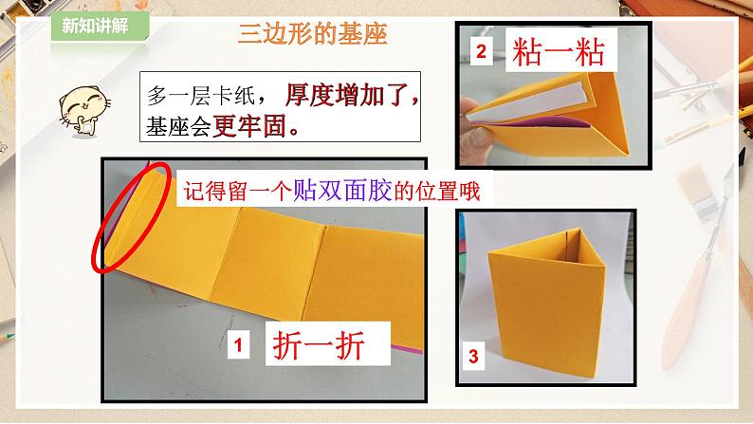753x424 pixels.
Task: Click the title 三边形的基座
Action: (313, 34)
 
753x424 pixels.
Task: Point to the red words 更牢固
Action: (249, 126)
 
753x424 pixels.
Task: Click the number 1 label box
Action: (238, 344)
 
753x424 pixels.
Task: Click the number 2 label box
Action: (481, 50)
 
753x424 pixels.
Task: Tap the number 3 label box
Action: (473, 356)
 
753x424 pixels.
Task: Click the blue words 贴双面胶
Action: (342, 191)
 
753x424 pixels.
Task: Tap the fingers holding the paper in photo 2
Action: (474, 130)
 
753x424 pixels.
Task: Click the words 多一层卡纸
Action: (201, 96)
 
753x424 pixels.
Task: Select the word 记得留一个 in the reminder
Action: (238, 191)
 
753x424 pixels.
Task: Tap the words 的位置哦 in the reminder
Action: (436, 191)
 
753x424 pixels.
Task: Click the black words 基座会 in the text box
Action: (178, 126)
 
